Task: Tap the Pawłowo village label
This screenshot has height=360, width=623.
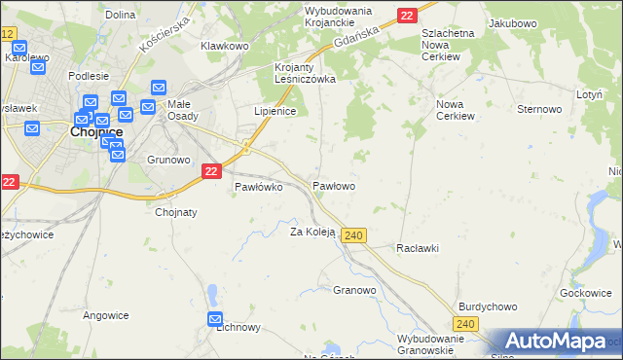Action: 333,185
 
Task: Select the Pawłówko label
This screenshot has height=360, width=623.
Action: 258,187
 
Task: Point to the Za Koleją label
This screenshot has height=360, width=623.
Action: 312,232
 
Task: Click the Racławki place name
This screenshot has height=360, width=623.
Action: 418,248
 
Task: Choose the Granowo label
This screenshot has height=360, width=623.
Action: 354,290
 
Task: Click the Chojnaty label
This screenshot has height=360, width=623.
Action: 176,212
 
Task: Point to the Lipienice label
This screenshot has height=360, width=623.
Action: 275,112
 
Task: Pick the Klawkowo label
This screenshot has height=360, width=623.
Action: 225,46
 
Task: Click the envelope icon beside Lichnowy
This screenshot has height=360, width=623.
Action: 215,319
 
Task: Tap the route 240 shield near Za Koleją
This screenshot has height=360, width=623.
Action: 354,235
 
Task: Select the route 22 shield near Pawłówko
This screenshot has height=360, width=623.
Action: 212,170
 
